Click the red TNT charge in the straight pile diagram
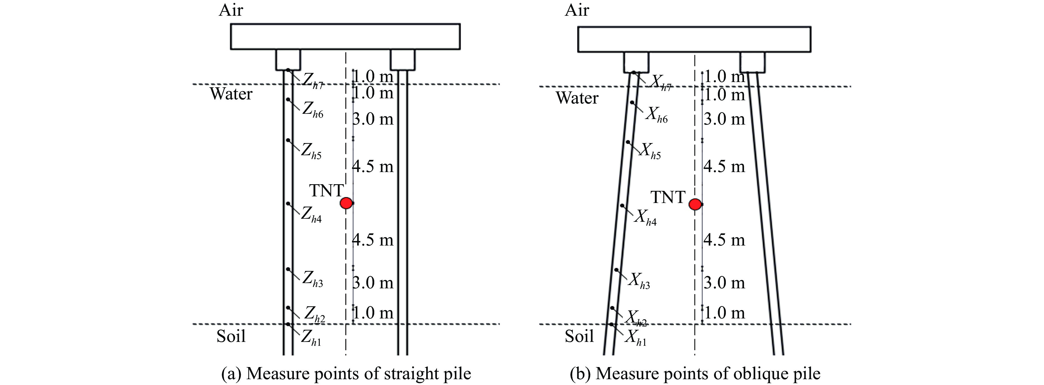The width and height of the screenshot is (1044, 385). (x=346, y=203)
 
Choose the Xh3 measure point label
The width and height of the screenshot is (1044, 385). (x=639, y=281)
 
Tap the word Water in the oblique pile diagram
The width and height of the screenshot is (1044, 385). (x=577, y=98)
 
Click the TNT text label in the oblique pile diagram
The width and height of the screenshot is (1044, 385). (x=668, y=197)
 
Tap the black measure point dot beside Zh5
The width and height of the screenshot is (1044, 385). (x=288, y=140)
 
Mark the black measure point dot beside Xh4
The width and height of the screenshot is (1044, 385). (x=622, y=205)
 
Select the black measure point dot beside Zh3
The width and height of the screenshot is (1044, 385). (x=288, y=269)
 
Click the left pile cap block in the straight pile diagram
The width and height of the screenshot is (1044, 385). (x=288, y=60)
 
